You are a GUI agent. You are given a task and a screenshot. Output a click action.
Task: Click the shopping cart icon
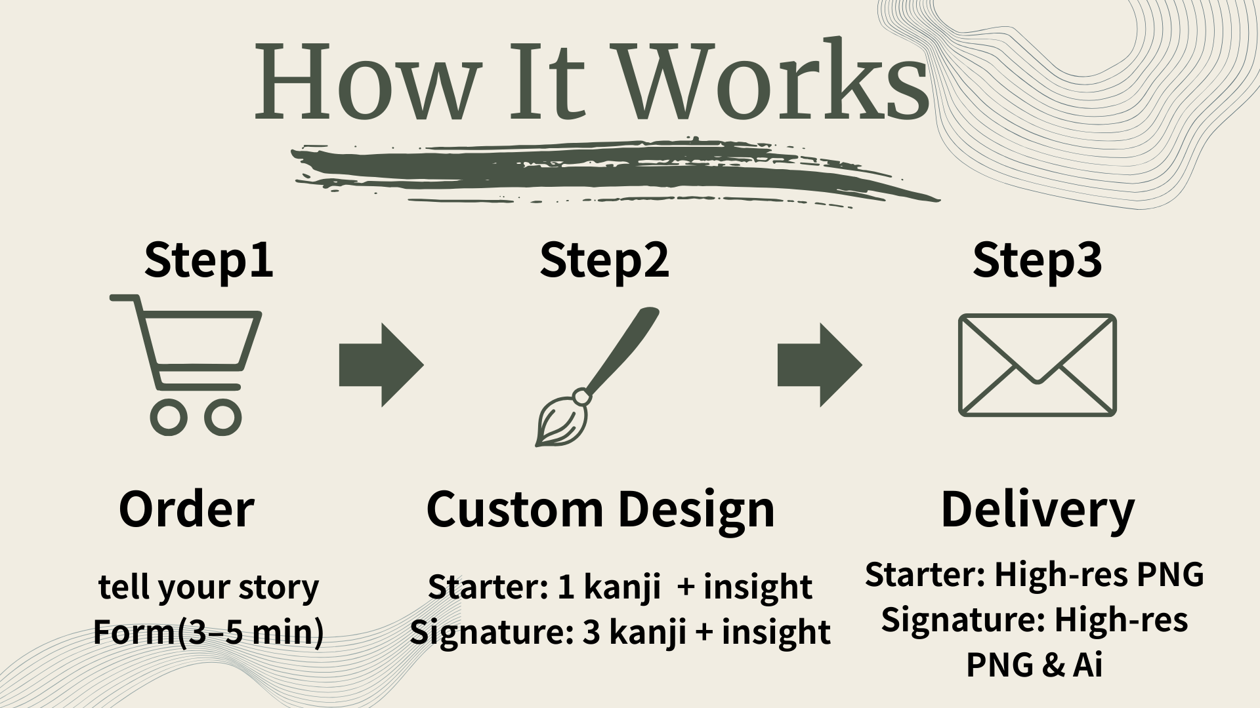tap(186, 364)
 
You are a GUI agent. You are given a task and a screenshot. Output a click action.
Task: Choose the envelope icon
tap(1038, 364)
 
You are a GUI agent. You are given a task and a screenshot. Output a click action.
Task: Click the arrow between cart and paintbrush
tap(381, 364)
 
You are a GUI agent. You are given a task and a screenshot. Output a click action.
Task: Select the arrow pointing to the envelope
tap(820, 364)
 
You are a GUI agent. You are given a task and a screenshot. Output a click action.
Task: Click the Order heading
tap(186, 509)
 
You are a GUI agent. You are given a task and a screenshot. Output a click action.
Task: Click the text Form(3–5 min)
tap(209, 633)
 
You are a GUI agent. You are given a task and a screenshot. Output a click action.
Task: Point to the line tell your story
tap(209, 587)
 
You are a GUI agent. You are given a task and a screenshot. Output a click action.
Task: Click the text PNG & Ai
tap(1034, 665)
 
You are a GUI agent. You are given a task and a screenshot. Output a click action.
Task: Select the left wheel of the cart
tap(168, 418)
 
